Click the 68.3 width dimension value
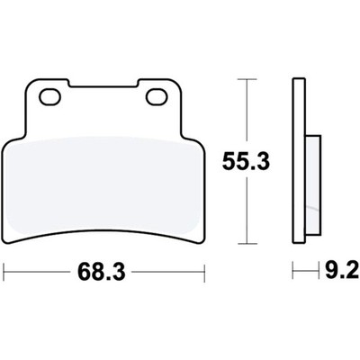tap(101, 273)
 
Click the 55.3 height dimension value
tap(246, 161)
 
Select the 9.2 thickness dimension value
tap(342, 271)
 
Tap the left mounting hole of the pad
tap(50, 97)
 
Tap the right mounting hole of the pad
tap(157, 97)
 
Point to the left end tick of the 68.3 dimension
tap(4, 273)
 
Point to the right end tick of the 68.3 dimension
tap(204, 273)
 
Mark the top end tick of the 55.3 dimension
tap(247, 79)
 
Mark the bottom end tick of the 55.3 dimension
tap(247, 244)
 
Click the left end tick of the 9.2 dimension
tap(292, 271)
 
